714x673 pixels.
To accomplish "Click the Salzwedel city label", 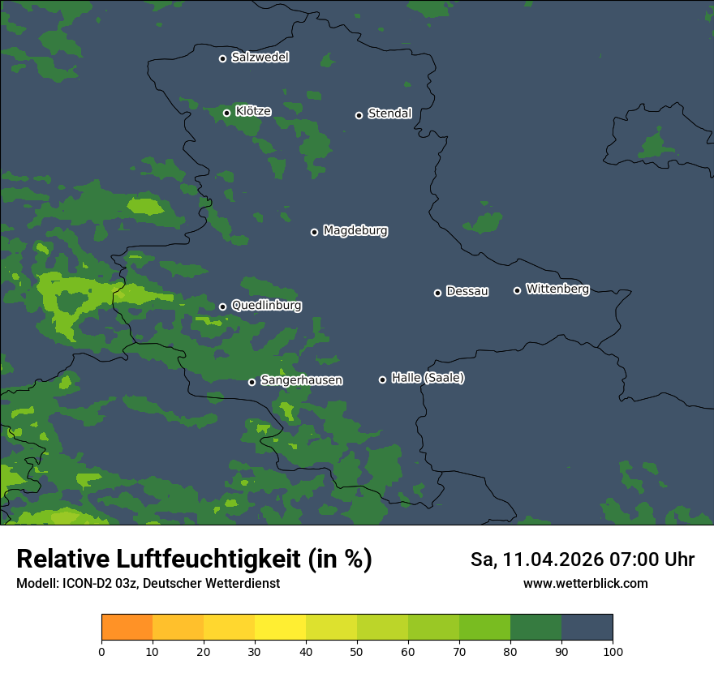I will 260,58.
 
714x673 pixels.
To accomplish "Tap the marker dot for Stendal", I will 359,115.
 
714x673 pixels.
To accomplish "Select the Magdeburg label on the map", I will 355,231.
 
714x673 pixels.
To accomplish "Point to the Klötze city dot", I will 227,113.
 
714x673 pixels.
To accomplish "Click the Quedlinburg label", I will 266,306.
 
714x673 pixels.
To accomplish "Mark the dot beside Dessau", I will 437,293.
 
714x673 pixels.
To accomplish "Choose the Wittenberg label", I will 557,289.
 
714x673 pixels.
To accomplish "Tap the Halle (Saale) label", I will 428,378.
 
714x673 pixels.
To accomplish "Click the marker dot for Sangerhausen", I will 252,382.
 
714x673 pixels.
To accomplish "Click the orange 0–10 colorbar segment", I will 127,628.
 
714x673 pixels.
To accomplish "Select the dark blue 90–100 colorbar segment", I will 587,628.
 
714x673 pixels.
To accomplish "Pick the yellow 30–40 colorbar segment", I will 280,628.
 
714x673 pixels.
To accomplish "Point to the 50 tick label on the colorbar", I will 357,651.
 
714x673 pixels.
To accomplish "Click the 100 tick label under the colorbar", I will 613,651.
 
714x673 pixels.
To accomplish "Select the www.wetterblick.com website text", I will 585,584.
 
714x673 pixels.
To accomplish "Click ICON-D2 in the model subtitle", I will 87,584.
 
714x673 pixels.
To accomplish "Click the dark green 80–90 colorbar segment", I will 535,628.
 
